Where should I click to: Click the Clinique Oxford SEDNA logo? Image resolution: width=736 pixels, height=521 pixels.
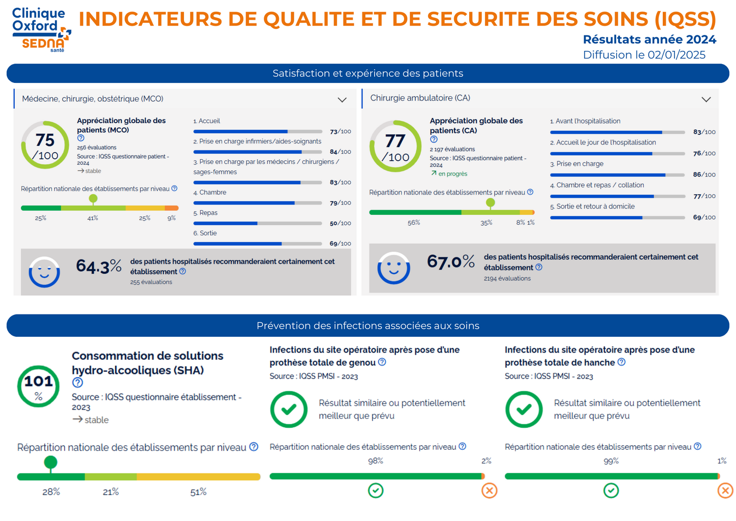coord(41,30)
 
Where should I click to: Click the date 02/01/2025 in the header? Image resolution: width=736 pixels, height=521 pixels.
coord(676,55)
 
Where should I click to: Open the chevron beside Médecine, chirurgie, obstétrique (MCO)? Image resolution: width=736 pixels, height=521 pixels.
coord(342,100)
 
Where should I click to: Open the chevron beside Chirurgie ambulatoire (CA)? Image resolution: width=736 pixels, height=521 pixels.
coord(706,99)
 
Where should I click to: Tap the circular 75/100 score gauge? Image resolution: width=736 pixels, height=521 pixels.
coord(45,145)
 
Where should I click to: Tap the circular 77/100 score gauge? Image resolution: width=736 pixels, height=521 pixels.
coord(395,147)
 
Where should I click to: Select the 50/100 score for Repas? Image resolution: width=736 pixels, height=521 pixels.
coord(340,223)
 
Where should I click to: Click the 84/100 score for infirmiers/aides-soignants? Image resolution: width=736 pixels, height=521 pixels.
coord(340,152)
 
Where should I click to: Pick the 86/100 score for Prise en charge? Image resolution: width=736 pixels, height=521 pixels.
coord(704,175)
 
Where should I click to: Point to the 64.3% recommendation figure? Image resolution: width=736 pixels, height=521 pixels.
coord(99,266)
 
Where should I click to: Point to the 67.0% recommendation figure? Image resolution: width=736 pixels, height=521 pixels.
coord(450,262)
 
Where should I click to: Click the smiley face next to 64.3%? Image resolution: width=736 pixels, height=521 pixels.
coord(44,272)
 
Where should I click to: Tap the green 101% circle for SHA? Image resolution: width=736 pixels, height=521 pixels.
coord(39,386)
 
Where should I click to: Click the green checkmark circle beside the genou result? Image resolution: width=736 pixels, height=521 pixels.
coord(289,409)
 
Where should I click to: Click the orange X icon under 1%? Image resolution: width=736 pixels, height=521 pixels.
coord(725,490)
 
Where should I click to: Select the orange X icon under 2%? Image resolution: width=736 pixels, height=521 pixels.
coord(489,490)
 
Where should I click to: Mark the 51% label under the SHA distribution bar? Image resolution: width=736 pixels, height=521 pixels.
coord(198,492)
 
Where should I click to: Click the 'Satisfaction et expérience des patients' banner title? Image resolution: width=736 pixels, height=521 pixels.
coord(367,73)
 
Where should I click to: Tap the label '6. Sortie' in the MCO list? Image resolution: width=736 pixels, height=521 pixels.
coord(205,233)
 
